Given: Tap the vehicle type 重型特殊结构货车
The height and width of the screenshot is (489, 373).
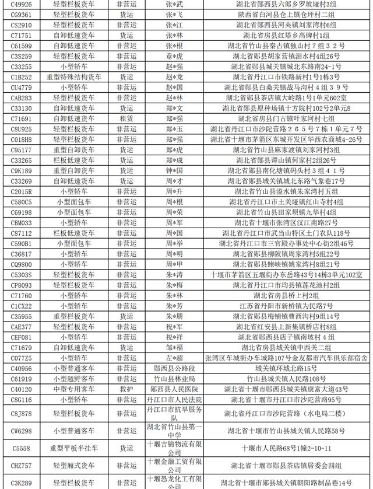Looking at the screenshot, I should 74,77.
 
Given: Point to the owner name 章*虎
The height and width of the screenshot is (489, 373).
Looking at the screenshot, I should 174,56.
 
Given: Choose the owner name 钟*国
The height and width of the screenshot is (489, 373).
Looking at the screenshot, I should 174,170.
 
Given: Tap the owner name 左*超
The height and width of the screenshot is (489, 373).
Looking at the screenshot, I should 174,358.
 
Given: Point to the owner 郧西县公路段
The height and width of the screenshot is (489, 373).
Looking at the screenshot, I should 174,368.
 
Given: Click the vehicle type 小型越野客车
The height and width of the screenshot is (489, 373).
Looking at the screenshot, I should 74,379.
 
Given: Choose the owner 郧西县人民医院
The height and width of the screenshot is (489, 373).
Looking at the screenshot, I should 174,389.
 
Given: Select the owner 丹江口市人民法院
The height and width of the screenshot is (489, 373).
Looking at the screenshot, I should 174,400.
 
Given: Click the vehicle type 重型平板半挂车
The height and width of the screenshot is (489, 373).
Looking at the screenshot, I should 74,449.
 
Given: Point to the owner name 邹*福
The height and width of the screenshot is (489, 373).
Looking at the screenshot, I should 174,347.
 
